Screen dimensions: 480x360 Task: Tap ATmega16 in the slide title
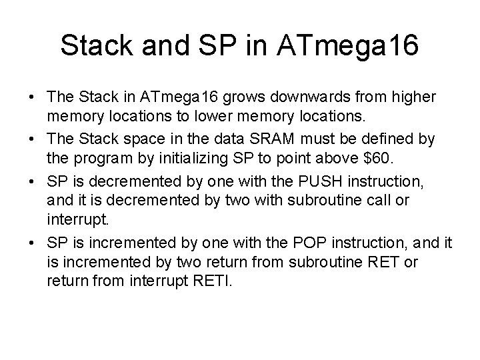[x=358, y=45]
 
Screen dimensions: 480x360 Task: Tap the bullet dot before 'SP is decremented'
[x=33, y=182]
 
